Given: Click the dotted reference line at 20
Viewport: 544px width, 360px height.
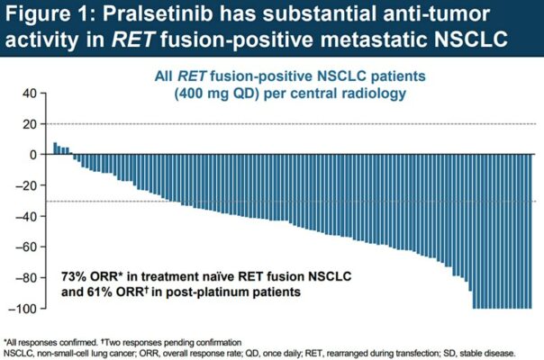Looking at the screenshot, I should (x=270, y=123).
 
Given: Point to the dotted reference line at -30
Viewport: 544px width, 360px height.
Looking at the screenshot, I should (x=270, y=201).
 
